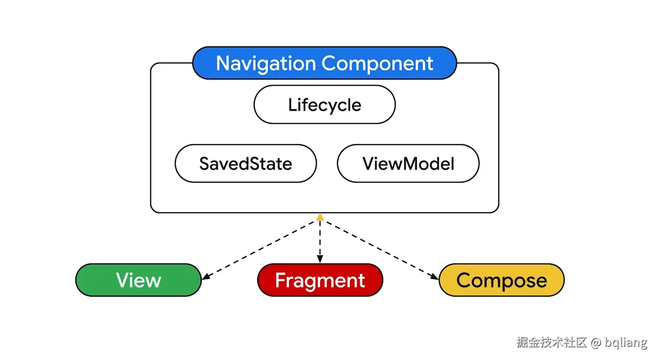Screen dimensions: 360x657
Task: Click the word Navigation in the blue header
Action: [266, 63]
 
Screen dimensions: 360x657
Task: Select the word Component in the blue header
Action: [377, 63]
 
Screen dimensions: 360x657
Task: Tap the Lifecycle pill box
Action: [324, 105]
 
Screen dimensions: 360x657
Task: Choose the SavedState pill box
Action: [246, 163]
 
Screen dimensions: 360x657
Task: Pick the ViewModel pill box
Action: [408, 163]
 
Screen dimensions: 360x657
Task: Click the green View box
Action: [138, 280]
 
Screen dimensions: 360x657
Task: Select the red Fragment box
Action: [320, 280]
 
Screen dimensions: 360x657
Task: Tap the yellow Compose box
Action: [502, 280]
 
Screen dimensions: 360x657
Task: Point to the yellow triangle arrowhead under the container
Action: [320, 217]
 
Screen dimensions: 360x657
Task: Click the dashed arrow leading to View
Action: [260, 249]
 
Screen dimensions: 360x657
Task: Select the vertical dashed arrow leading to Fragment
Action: [320, 239]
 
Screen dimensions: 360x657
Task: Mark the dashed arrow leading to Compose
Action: [379, 249]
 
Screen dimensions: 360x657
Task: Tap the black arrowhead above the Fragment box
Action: [320, 260]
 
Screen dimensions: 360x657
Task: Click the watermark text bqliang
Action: [626, 342]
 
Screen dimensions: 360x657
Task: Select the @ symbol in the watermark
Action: [595, 342]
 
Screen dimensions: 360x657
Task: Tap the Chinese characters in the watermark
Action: [552, 342]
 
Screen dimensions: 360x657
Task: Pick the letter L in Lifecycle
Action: [292, 105]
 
